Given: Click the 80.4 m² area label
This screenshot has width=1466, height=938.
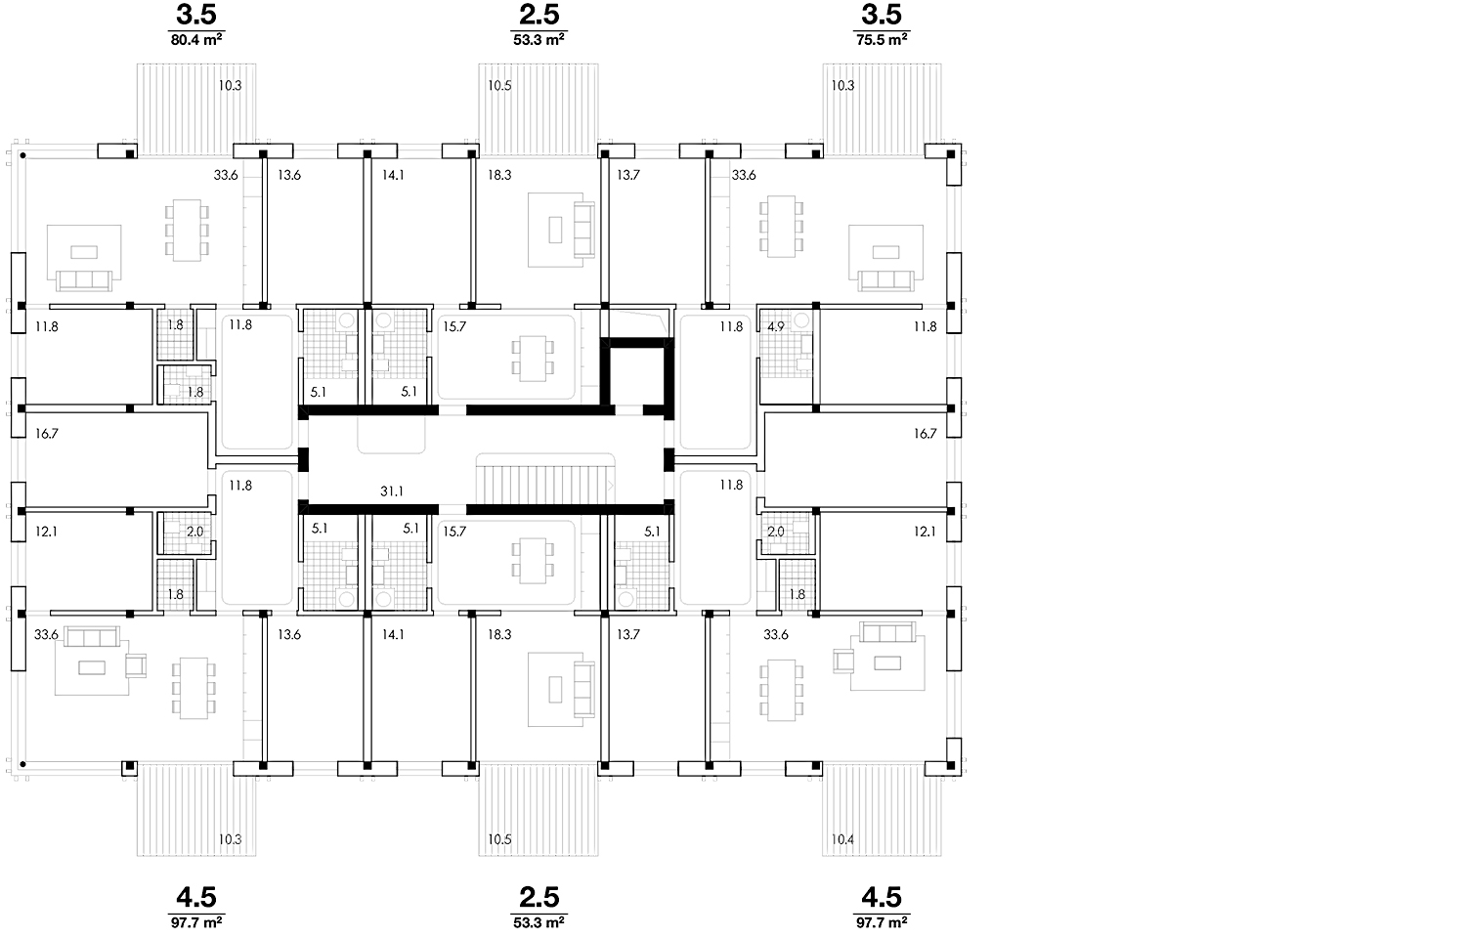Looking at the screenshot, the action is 196,40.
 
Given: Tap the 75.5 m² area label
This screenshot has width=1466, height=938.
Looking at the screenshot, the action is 882,40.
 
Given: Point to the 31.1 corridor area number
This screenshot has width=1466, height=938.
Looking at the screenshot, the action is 391,491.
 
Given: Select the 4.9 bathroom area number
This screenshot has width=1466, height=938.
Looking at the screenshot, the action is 776,326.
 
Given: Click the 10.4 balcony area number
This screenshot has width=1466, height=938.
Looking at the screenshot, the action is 842,839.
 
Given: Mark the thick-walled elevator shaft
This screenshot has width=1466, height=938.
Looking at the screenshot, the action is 637,375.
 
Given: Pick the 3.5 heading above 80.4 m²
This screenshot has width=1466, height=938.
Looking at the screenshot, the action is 196,15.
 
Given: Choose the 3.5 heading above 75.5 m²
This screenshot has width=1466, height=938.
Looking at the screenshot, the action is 882,15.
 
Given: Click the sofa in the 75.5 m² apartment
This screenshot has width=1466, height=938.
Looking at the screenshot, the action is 886,280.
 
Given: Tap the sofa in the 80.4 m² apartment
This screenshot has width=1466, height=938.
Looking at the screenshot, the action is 84,280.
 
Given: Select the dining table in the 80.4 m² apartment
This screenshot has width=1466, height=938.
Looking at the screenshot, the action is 187,231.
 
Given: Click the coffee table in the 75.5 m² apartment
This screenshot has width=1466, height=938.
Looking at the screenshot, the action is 886,252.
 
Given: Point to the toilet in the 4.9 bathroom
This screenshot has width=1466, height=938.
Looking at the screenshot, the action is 801,320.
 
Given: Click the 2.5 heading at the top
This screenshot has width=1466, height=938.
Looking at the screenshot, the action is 539,15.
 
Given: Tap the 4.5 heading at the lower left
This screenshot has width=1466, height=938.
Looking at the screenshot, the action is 196,897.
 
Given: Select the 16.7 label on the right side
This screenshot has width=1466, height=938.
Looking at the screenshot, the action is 925,434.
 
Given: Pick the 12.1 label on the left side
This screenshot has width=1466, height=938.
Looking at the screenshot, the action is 47,532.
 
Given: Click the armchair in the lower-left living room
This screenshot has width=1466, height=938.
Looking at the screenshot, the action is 136,666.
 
